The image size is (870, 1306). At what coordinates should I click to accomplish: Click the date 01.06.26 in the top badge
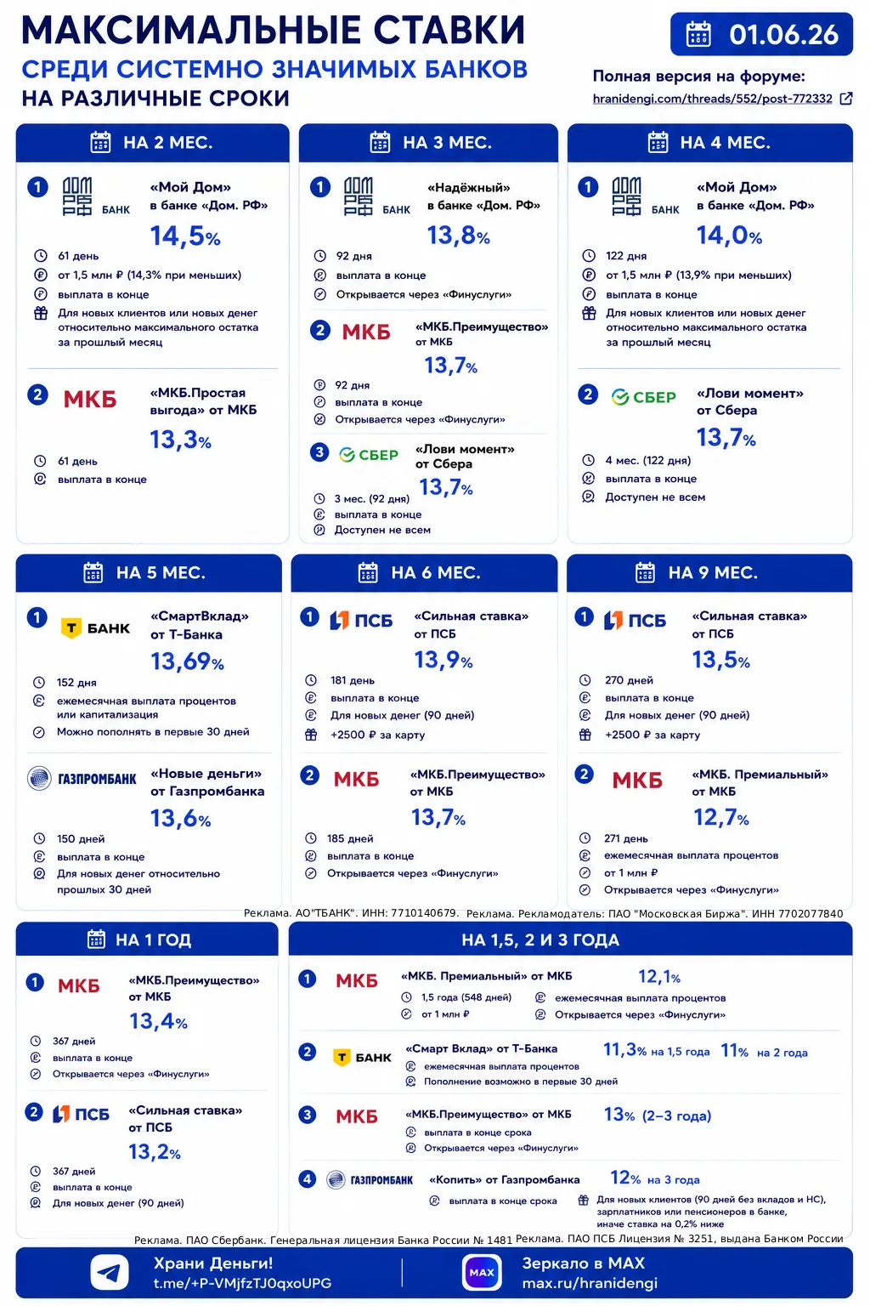[x=783, y=34]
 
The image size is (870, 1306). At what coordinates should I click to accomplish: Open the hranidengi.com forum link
[x=712, y=99]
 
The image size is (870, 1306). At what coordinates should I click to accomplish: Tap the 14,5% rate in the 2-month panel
[x=185, y=236]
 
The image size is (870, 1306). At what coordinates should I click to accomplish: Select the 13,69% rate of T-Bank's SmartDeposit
[x=187, y=662]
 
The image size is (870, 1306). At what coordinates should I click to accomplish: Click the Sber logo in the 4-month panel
[x=643, y=397]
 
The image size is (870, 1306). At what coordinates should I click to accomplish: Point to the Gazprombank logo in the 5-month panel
[x=82, y=778]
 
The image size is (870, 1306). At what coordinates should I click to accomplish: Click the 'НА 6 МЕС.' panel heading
[x=436, y=572]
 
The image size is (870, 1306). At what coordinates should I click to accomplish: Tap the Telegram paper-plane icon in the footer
[x=110, y=1272]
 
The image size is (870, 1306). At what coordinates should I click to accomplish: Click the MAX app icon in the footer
[x=482, y=1272]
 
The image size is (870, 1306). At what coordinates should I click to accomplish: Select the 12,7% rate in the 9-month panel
[x=720, y=817]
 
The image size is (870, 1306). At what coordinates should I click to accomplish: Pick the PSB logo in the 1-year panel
[x=81, y=1114]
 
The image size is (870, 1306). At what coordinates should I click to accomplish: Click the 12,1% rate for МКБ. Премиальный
[x=659, y=976]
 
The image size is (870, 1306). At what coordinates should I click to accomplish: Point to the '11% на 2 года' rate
[x=764, y=1051]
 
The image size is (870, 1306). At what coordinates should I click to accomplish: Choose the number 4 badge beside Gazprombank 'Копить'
[x=307, y=1179]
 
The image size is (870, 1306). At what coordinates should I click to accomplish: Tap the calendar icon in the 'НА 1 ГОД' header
[x=96, y=940]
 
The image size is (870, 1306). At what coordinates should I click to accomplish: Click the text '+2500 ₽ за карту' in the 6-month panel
[x=377, y=735]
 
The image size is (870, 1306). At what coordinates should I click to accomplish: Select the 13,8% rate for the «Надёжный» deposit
[x=459, y=236]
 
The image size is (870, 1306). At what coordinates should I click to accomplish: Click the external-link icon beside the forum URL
[x=846, y=99]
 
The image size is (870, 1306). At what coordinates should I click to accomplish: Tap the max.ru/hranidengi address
[x=590, y=1283]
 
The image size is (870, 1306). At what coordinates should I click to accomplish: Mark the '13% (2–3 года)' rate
[x=658, y=1116]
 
